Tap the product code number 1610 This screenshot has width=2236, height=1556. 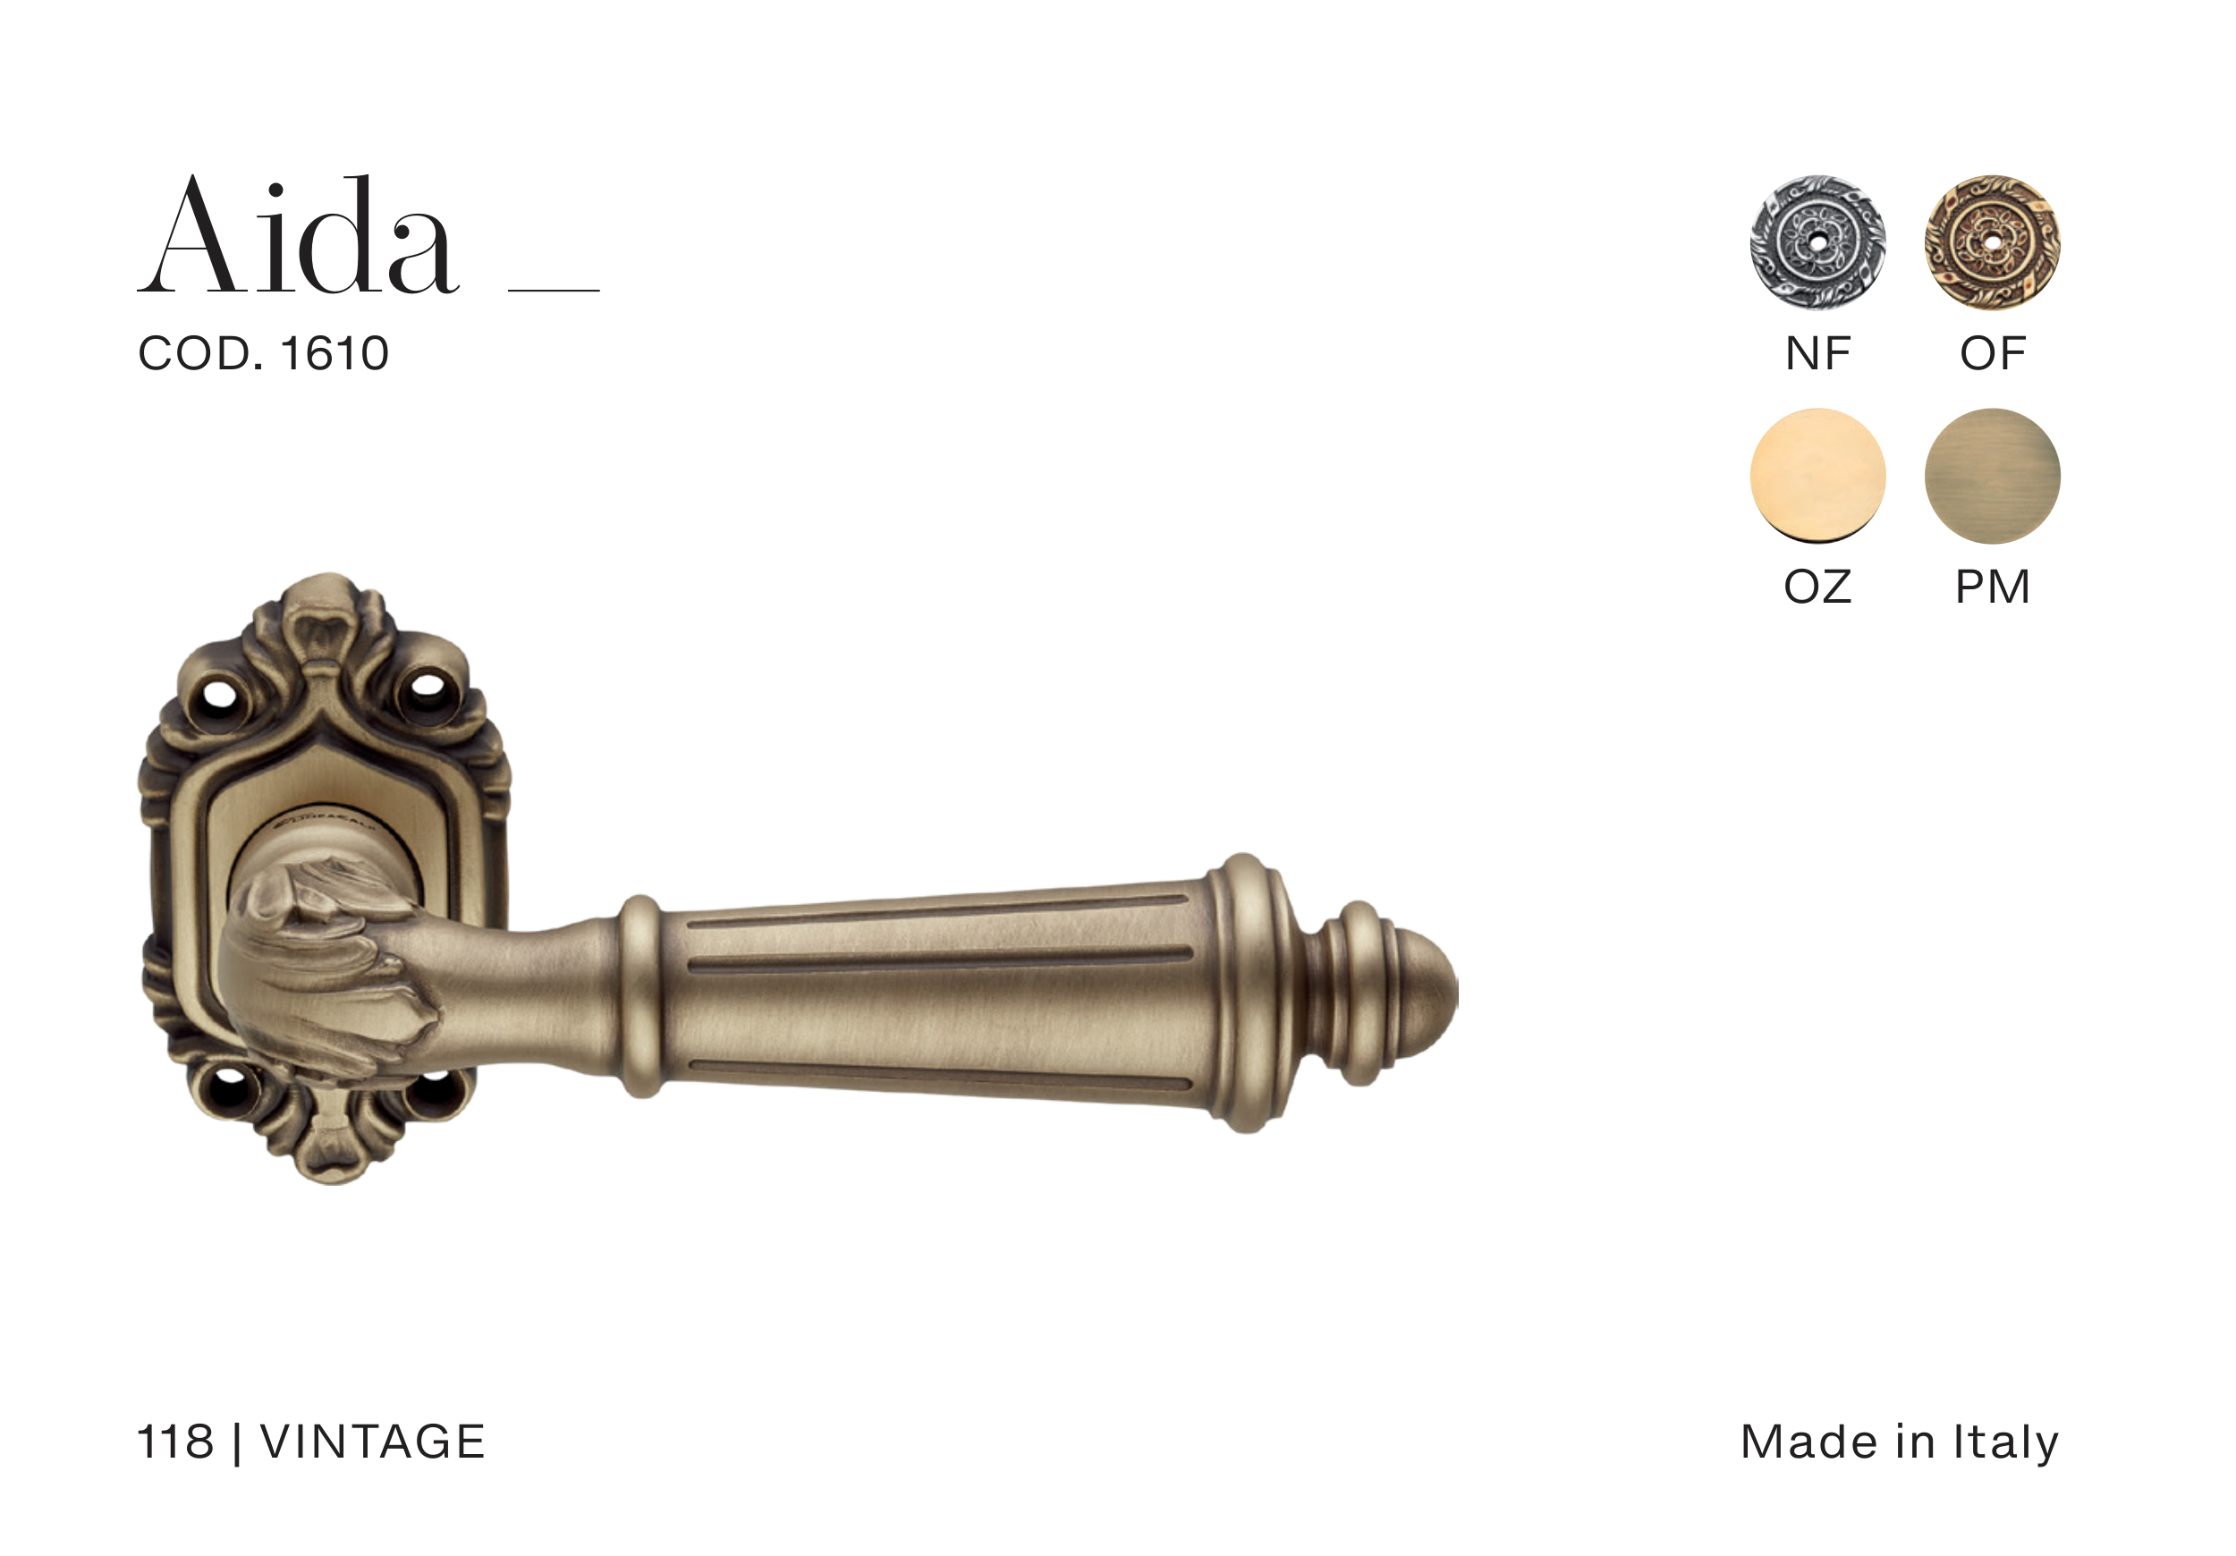[335, 353]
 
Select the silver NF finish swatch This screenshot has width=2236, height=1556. [1817, 242]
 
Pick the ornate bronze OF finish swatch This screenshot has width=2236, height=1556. [1993, 242]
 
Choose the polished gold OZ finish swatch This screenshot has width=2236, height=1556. [1817, 475]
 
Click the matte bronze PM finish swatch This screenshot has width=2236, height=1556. [1993, 475]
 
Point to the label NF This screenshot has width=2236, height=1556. [1817, 353]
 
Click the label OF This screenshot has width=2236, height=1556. [1993, 353]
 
